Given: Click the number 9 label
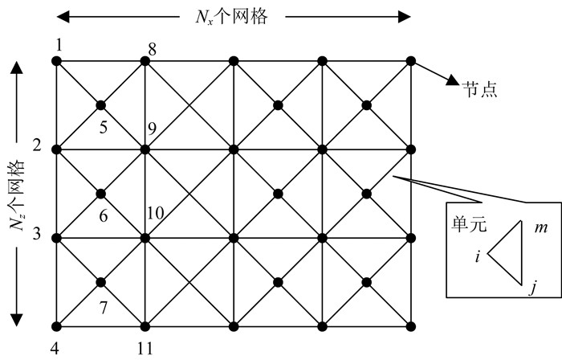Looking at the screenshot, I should click(153, 127).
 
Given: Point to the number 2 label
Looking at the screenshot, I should click(37, 145).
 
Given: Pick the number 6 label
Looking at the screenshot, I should click(102, 215).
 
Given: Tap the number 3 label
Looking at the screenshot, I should click(37, 235).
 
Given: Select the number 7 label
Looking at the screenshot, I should click(103, 307).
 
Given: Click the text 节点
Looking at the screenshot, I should click(479, 88).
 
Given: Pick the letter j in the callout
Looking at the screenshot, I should click(531, 287).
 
